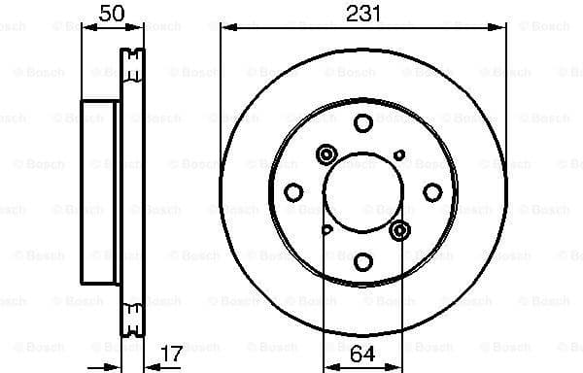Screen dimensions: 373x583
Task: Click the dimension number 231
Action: [362, 13]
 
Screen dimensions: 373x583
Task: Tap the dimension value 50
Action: [113, 13]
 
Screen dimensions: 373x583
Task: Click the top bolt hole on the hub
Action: [363, 123]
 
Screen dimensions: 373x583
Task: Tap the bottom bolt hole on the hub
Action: [363, 261]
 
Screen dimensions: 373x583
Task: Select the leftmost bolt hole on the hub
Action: [294, 192]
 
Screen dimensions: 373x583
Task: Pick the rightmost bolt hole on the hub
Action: [432, 192]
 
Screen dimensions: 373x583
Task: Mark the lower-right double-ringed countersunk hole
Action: [400, 230]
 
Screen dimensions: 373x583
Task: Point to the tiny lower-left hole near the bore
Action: [327, 229]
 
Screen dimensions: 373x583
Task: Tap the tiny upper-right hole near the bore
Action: [399, 155]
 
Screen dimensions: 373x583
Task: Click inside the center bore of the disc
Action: [363, 192]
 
